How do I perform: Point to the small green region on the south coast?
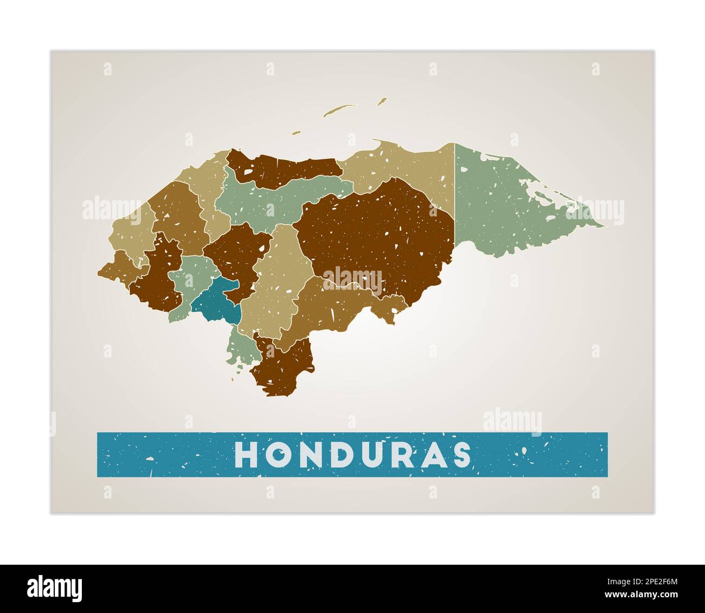tap(239, 347)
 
